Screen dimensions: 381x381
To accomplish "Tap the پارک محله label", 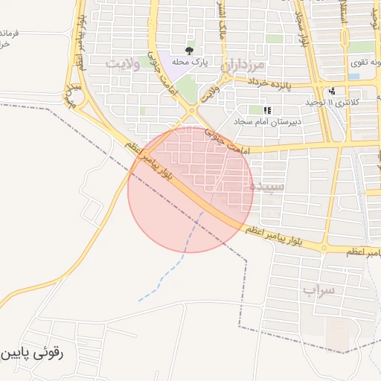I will pyautogui.click(x=189, y=63).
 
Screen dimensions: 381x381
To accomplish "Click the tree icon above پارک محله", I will pyautogui.click(x=189, y=51).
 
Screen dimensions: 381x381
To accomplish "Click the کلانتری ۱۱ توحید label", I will pyautogui.click(x=333, y=101).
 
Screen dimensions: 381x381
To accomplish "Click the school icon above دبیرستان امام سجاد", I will pyautogui.click(x=266, y=110).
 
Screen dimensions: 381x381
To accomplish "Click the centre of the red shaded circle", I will pyautogui.click(x=190, y=190).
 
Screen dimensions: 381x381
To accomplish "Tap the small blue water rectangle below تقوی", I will pyautogui.click(x=354, y=76).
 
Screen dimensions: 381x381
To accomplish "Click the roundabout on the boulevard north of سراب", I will pyautogui.click(x=324, y=248).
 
